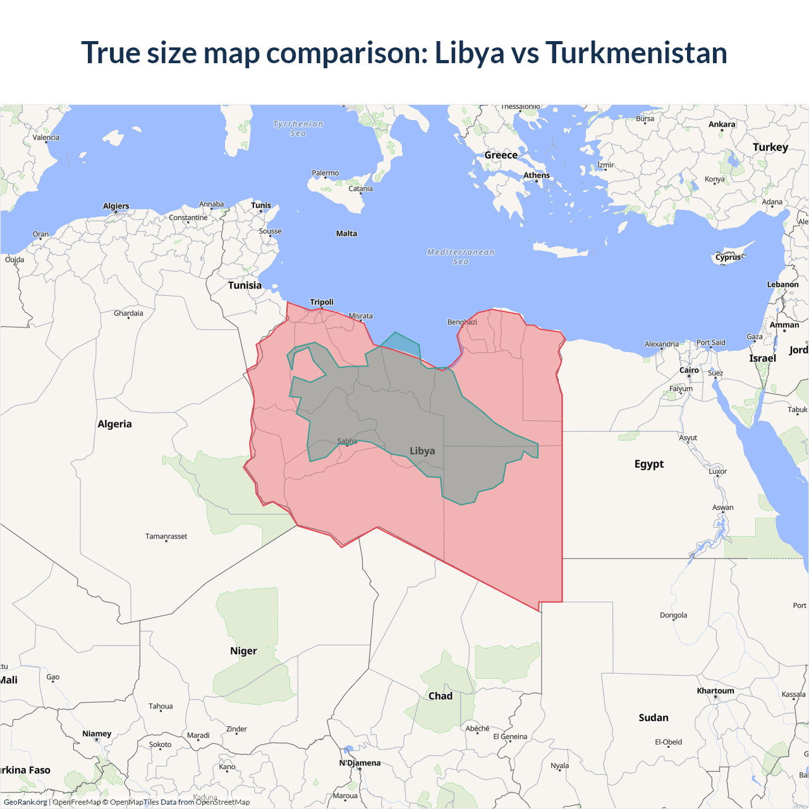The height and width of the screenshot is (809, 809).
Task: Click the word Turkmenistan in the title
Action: click(636, 52)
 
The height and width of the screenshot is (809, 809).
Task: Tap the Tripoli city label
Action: click(322, 302)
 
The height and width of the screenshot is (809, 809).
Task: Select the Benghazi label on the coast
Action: click(462, 322)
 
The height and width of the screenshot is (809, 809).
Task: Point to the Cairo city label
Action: click(689, 370)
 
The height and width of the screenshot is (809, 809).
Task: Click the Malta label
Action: click(346, 234)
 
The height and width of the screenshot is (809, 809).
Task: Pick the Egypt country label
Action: click(649, 464)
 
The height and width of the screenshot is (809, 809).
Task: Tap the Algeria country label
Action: click(114, 424)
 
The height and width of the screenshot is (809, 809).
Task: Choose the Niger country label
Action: click(243, 651)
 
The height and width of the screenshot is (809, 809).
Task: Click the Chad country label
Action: click(441, 696)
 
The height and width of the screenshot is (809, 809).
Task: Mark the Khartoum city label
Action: click(715, 691)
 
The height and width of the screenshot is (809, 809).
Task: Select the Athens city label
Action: click(537, 176)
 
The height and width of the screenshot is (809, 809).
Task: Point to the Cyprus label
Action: click(728, 257)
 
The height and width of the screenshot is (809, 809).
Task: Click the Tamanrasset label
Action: click(166, 537)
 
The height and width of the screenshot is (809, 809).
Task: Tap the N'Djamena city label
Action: click(360, 763)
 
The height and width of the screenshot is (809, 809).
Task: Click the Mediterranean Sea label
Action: click(461, 257)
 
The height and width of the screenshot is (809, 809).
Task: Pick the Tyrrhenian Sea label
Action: click(298, 128)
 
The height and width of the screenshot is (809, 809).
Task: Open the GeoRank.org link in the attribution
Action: click(25, 802)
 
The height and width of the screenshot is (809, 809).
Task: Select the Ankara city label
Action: click(722, 125)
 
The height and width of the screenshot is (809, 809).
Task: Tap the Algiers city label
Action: click(116, 206)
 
